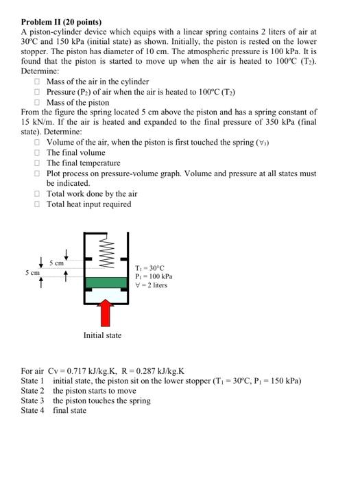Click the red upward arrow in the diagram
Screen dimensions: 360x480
[x=106, y=313]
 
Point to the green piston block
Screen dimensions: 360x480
[x=106, y=282]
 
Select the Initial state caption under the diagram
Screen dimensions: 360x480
[x=102, y=335]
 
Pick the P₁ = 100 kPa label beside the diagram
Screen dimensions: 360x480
[x=153, y=276]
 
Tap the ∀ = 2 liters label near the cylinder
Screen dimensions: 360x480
[x=152, y=285]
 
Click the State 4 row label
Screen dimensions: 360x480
[x=32, y=411]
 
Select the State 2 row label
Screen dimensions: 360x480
[x=32, y=391]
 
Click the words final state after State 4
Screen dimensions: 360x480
[x=70, y=411]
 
